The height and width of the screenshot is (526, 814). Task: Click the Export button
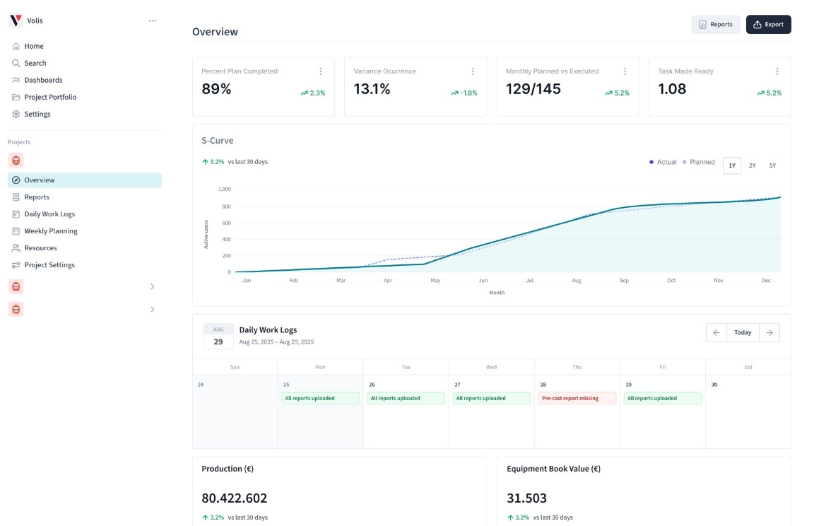point(768,25)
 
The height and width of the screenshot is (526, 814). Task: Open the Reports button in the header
point(715,25)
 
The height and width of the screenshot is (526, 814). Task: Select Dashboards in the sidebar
point(43,80)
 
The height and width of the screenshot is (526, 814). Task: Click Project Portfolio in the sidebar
point(50,97)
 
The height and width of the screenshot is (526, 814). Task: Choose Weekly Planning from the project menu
point(51,231)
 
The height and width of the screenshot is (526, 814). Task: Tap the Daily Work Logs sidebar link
point(49,214)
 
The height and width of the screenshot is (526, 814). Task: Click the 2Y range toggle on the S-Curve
point(752,165)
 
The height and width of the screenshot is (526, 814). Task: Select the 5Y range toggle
point(772,165)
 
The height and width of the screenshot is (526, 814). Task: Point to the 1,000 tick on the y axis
point(225,189)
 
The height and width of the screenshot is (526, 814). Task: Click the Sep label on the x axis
point(624,281)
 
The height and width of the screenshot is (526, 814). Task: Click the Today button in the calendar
point(743,332)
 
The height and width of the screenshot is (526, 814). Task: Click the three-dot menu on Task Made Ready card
point(777,71)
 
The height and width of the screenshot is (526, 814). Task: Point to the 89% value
point(216,89)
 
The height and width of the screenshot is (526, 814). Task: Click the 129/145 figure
point(533,89)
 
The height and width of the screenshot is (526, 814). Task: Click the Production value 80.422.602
point(235,498)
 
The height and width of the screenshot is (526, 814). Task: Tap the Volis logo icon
point(16,21)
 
